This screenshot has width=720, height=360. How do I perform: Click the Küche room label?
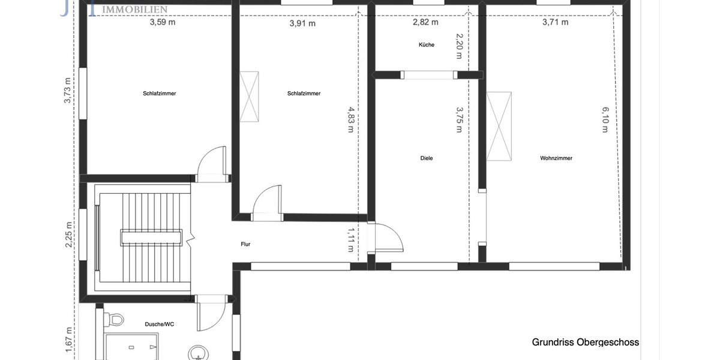(x=427, y=45)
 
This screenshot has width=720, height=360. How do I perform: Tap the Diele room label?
(x=427, y=158)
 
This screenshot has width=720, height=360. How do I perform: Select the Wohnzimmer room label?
(x=556, y=158)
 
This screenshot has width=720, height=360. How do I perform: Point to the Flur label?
(x=245, y=244)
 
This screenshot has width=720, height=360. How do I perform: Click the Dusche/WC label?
(x=160, y=324)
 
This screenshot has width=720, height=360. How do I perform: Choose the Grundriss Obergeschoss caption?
(x=585, y=342)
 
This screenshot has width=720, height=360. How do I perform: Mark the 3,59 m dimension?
(x=163, y=23)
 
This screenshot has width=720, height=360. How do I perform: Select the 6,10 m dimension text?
(x=605, y=120)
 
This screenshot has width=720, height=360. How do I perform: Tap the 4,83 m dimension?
(x=350, y=120)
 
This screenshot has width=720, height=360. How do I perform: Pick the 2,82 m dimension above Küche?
(x=425, y=22)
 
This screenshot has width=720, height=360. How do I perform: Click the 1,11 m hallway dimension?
(x=351, y=240)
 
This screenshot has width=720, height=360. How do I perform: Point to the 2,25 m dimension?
(x=70, y=232)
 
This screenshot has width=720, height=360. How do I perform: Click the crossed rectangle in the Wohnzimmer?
(x=499, y=126)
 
